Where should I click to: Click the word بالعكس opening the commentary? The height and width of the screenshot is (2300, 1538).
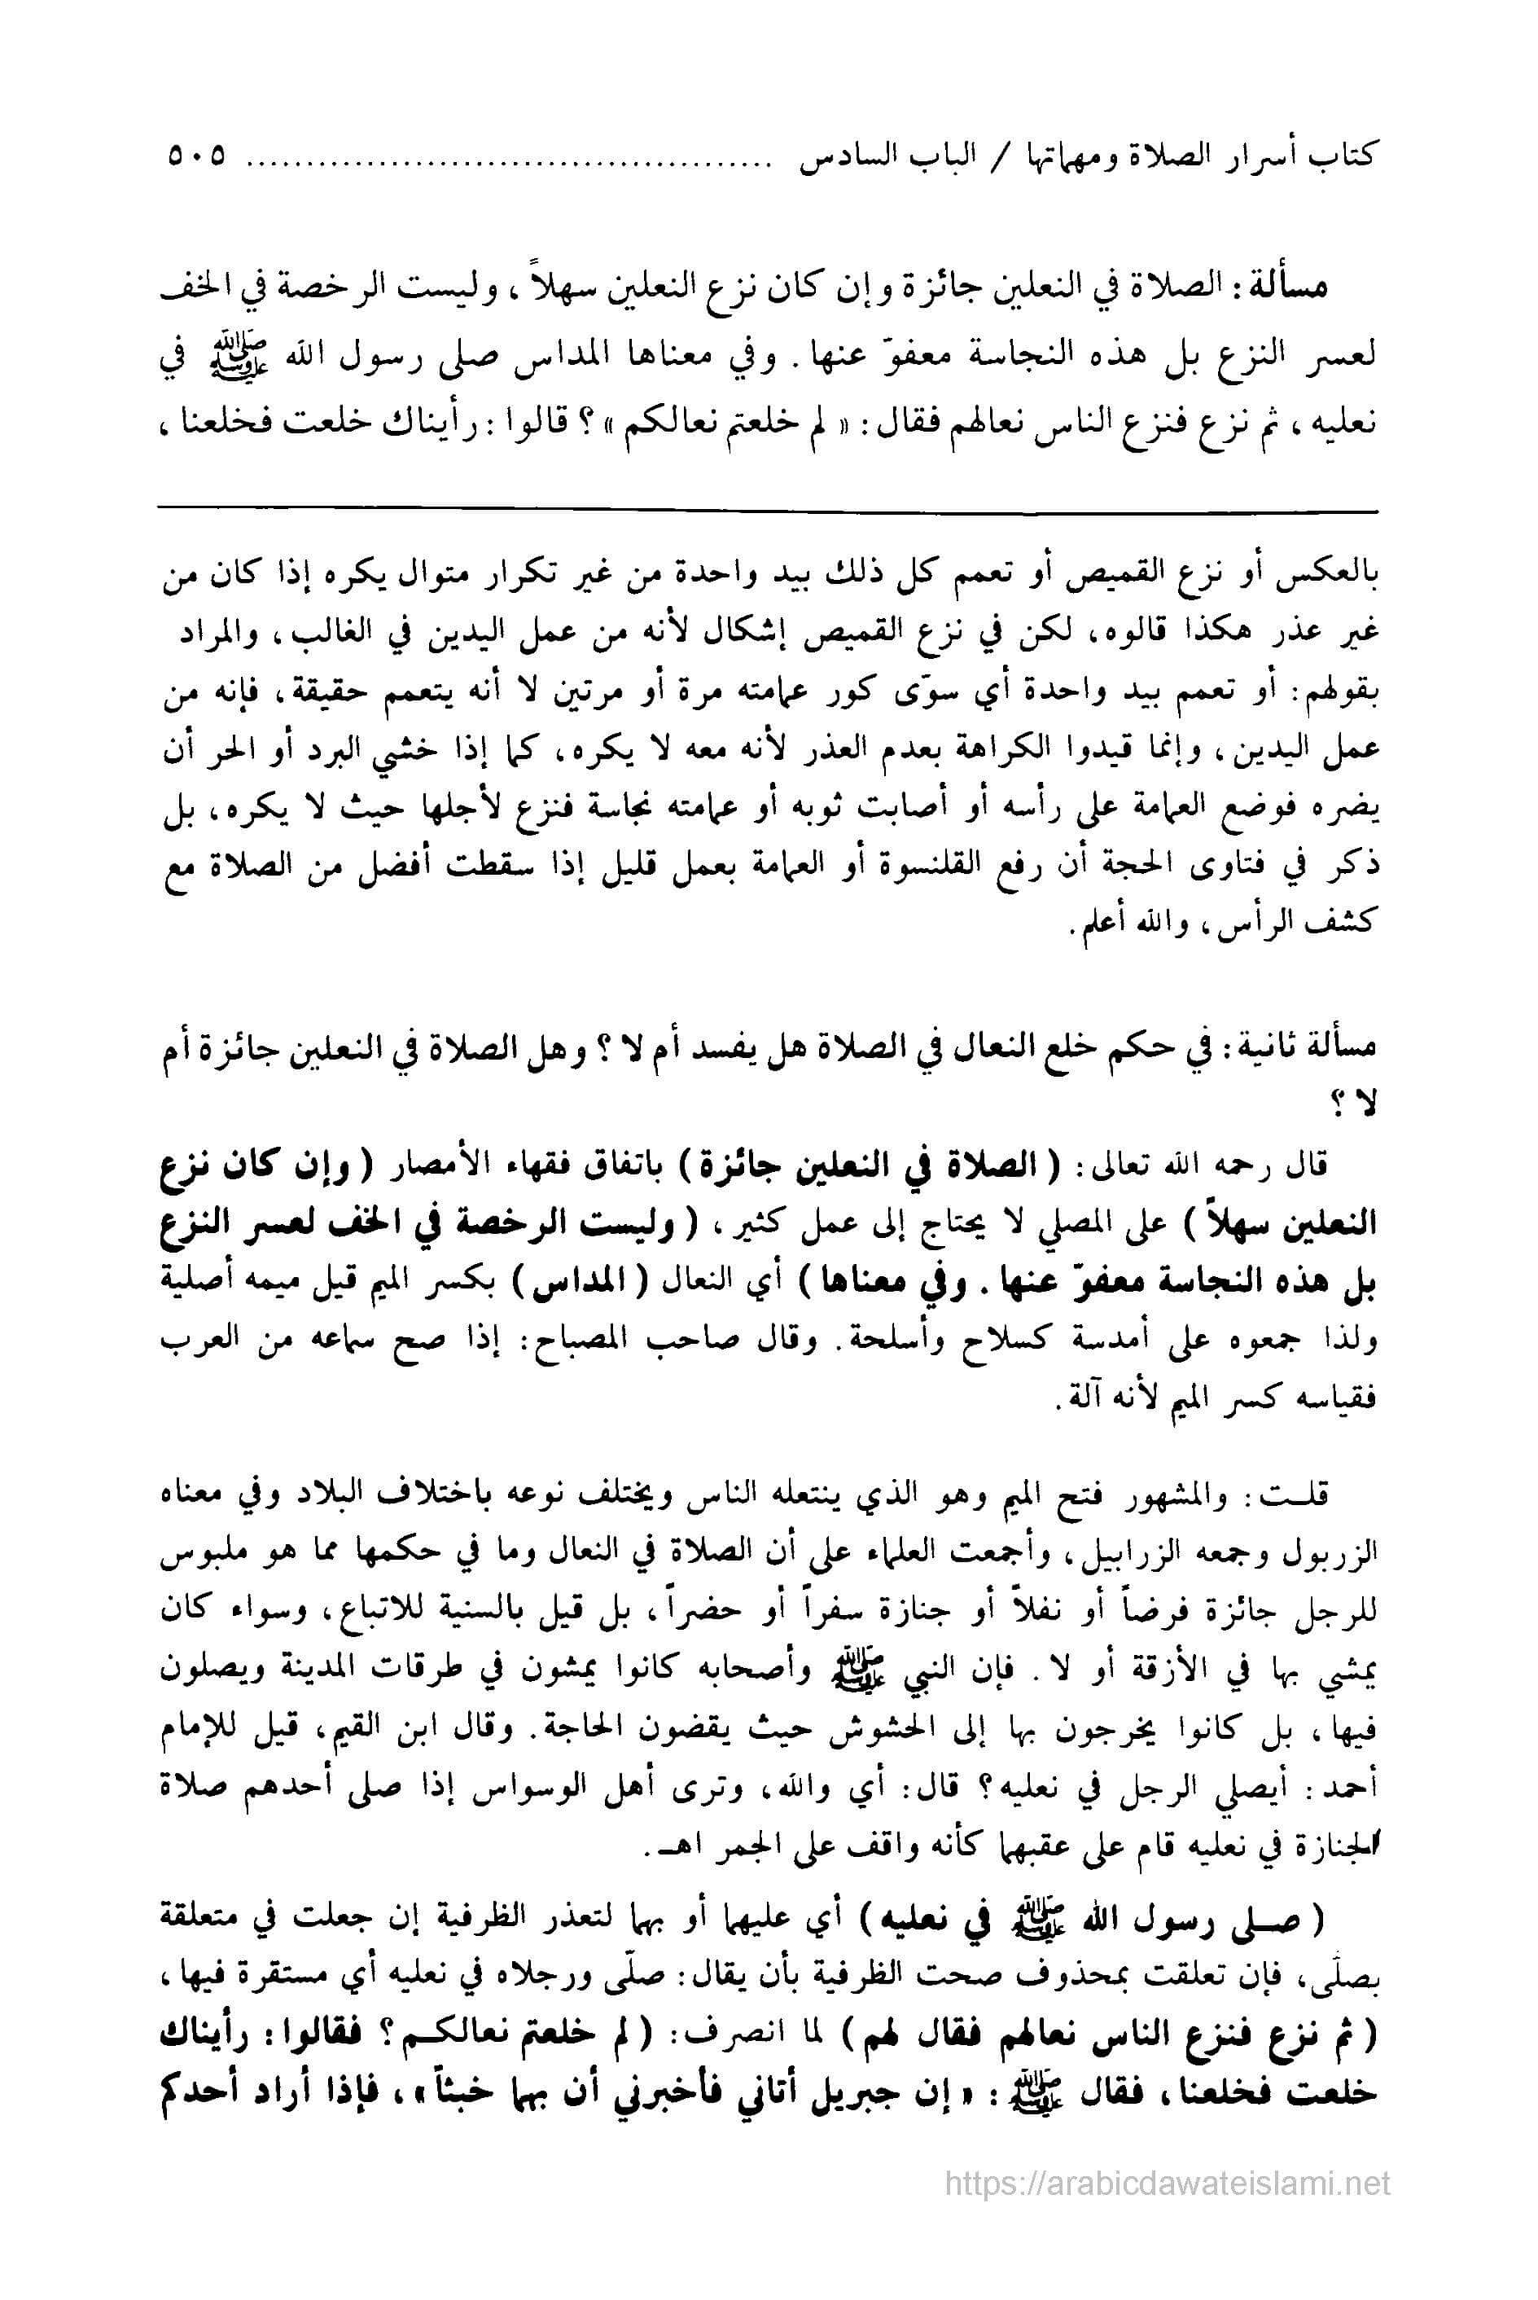coord(1337,575)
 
